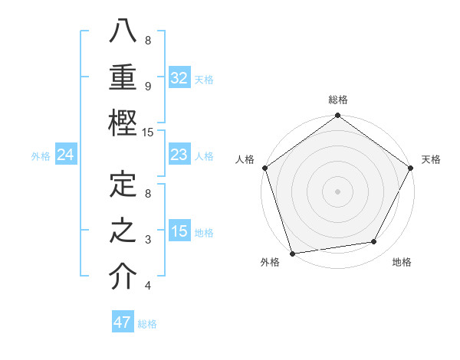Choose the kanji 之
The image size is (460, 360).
click(x=123, y=231)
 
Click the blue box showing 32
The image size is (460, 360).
click(x=179, y=78)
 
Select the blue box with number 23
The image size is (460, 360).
click(x=179, y=155)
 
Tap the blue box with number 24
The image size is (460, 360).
click(x=66, y=155)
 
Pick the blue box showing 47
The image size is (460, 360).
click(x=123, y=322)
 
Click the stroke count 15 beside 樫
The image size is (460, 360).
click(x=148, y=132)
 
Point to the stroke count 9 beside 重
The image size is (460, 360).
click(x=148, y=87)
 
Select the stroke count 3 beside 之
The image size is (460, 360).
click(x=148, y=240)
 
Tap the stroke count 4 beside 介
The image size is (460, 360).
click(x=148, y=286)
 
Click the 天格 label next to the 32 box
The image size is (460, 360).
click(x=204, y=79)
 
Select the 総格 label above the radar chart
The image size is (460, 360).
click(x=337, y=100)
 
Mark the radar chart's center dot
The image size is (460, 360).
click(x=337, y=191)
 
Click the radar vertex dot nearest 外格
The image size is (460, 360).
click(x=292, y=254)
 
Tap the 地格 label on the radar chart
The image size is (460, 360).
click(x=402, y=263)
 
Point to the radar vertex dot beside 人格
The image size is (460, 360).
click(x=264, y=167)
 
